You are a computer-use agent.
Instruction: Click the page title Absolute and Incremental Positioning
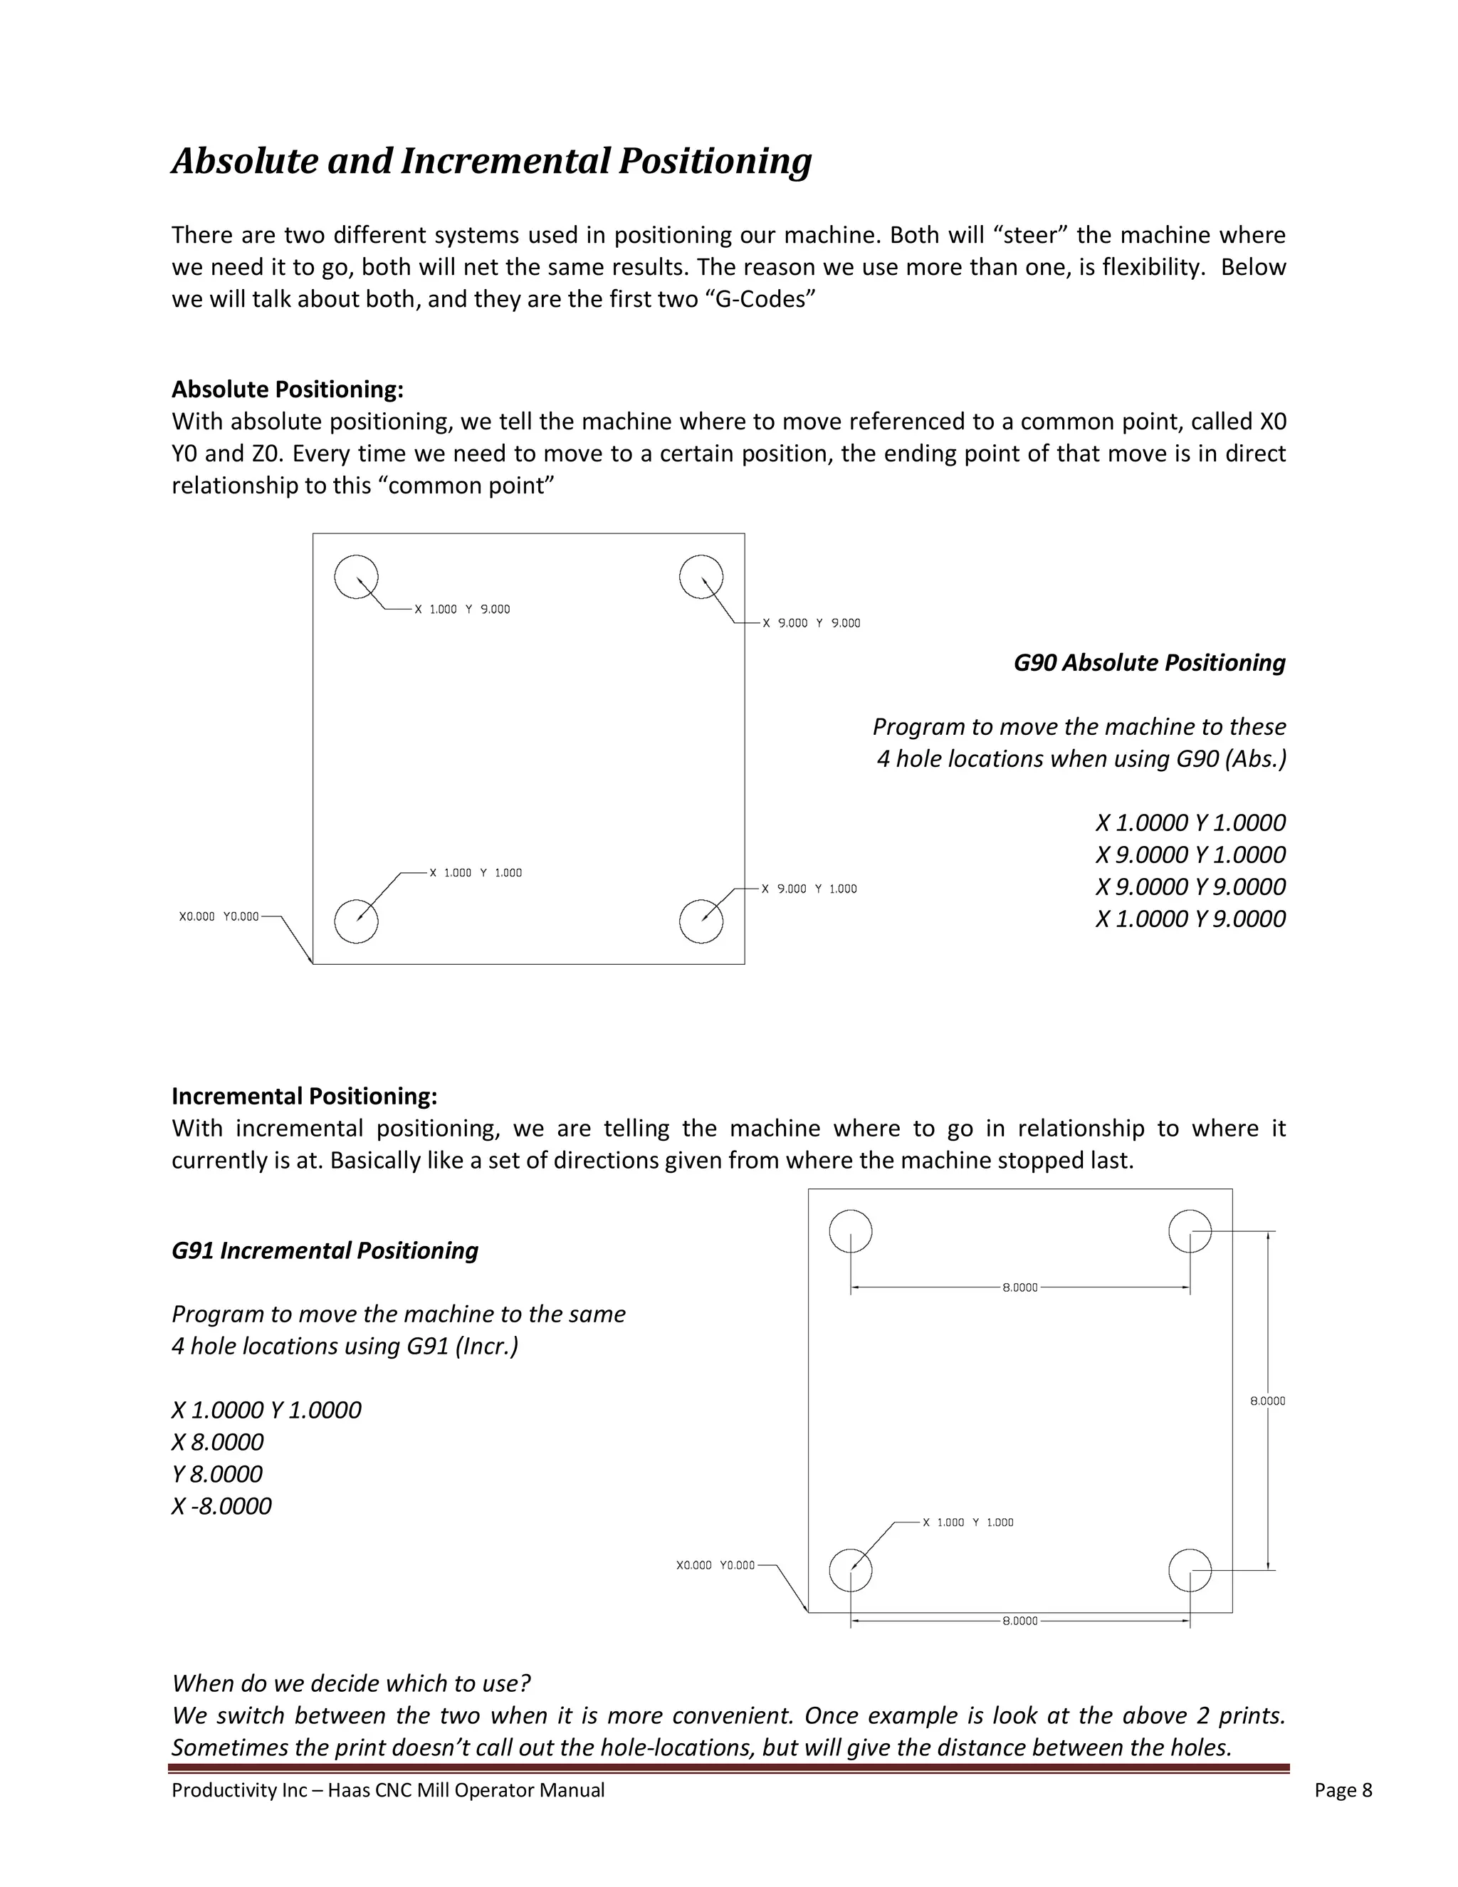coord(491,162)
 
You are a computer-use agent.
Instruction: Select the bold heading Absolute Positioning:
coord(288,390)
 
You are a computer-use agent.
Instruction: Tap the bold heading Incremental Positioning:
coord(304,1097)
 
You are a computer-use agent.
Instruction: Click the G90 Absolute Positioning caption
coord(1149,663)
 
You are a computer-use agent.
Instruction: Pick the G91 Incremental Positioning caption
coord(325,1250)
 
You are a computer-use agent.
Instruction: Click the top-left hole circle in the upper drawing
coord(356,577)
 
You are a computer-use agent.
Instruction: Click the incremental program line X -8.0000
coord(221,1506)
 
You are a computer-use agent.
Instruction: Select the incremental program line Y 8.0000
coord(217,1474)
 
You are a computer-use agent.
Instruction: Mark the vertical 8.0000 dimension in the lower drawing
coord(1267,1401)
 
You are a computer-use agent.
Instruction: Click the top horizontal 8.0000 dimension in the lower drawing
coord(1019,1287)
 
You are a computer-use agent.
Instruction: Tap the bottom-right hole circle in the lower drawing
coord(1190,1570)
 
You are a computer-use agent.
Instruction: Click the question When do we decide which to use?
coord(351,1683)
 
